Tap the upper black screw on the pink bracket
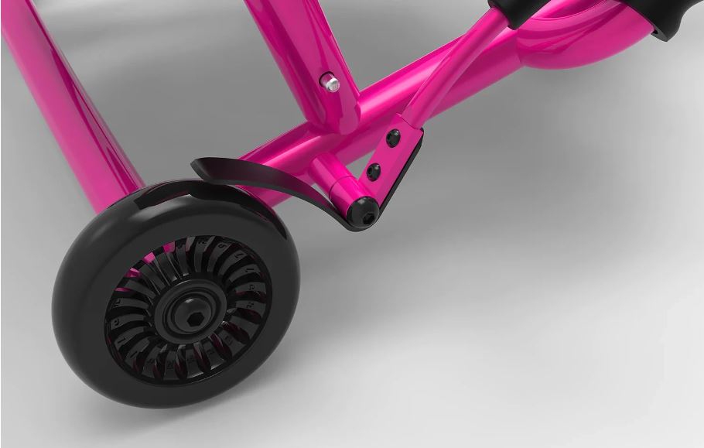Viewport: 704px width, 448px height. point(393,139)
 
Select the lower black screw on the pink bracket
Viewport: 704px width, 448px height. point(374,172)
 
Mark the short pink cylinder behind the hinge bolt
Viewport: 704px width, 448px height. point(334,180)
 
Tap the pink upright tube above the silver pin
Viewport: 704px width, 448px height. point(294,39)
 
